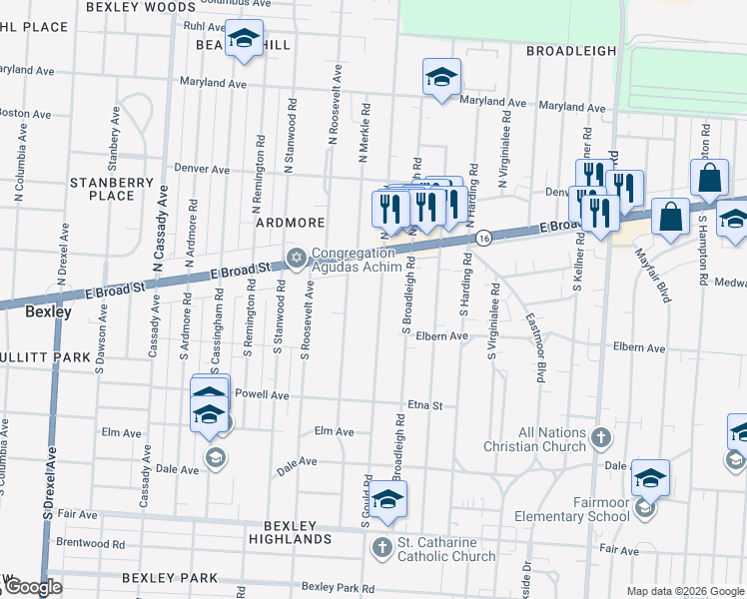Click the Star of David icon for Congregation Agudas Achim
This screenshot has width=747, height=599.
[x=296, y=259]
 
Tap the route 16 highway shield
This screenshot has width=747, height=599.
[x=482, y=238]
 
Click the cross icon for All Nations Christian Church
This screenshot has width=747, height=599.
[x=600, y=436]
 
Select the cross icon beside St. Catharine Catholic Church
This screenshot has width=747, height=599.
[x=382, y=547]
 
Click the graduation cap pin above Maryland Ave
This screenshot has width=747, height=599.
[x=440, y=78]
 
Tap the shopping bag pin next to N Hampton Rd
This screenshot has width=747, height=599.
[x=709, y=179]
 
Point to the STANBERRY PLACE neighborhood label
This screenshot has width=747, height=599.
[x=111, y=189]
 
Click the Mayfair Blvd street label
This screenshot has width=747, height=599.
[x=649, y=273]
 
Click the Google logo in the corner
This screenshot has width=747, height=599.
[x=32, y=588]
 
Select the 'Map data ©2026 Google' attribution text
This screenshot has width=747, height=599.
[x=685, y=591]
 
